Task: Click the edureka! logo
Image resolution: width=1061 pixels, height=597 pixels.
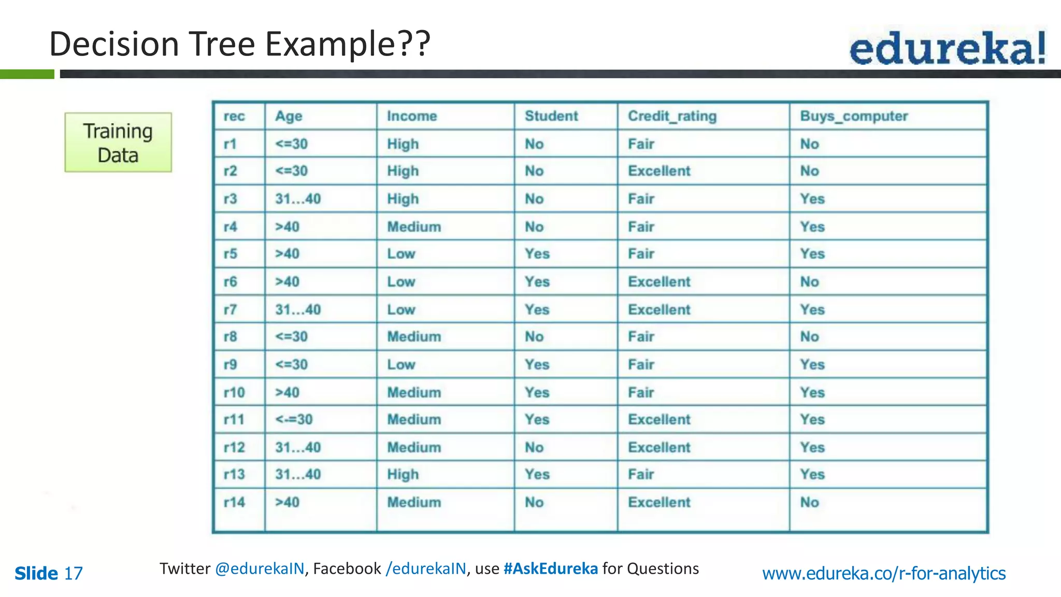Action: click(x=947, y=48)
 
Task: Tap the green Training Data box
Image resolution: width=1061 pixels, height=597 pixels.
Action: click(x=118, y=143)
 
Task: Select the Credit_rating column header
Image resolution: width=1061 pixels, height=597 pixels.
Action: click(x=672, y=116)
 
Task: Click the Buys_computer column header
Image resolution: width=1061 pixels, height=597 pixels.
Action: click(x=854, y=116)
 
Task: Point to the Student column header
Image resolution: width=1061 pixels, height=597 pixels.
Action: click(x=551, y=116)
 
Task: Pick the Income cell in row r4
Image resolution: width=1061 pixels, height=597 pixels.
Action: click(x=414, y=227)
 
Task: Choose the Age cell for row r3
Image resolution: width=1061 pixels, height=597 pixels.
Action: click(x=298, y=199)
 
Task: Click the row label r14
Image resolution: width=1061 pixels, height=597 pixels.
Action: click(x=234, y=502)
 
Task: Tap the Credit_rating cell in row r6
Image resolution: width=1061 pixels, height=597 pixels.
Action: click(x=659, y=282)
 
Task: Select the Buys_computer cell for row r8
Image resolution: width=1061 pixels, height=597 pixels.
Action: click(x=809, y=337)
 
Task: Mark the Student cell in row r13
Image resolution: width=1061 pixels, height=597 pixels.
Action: click(x=537, y=475)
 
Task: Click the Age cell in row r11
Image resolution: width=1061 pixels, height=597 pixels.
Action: click(x=294, y=420)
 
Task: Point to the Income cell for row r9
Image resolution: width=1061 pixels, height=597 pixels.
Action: click(x=401, y=365)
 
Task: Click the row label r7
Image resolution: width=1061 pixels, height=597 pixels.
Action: click(x=230, y=310)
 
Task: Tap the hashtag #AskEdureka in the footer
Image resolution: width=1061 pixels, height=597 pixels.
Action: click(x=550, y=568)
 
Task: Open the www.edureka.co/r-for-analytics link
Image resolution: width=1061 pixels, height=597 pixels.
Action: click(x=884, y=573)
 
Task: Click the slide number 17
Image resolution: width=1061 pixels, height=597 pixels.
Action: click(x=73, y=574)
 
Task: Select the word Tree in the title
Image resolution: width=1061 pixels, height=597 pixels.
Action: click(x=222, y=44)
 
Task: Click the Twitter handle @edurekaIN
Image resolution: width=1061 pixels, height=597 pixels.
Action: click(x=260, y=568)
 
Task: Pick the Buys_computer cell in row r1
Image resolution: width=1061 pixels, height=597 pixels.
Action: click(x=809, y=144)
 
